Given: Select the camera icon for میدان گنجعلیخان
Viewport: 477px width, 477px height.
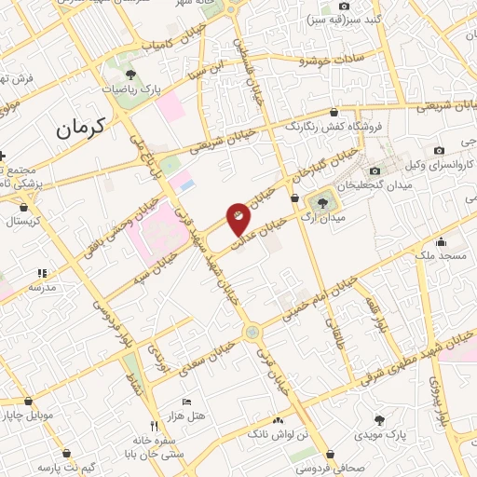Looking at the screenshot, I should point(375,170).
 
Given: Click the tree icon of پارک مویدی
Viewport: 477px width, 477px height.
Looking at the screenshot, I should point(378,420).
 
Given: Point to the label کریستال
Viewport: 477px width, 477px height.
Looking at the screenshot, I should point(24,222).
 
